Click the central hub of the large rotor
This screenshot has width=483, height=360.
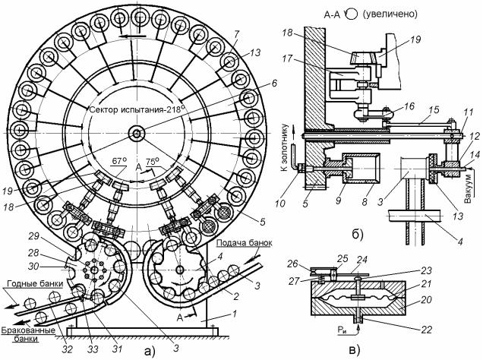[x=136, y=135]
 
